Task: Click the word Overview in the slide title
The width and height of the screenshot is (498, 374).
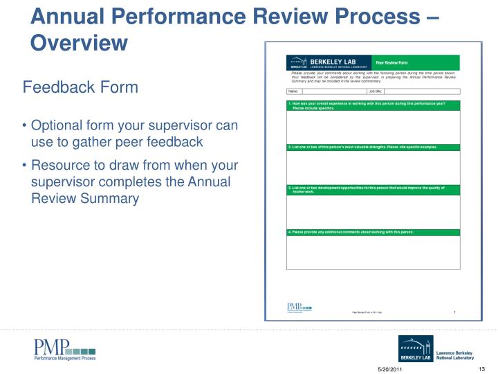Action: (80, 43)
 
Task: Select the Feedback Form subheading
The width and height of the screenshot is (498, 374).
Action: (80, 87)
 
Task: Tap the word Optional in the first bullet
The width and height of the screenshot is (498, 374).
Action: (57, 126)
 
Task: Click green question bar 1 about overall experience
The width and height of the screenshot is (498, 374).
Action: (373, 105)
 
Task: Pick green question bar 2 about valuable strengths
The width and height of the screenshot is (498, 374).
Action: (373, 148)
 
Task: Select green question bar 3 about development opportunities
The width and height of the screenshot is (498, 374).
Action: (373, 189)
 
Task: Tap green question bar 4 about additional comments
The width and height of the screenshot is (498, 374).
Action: (373, 232)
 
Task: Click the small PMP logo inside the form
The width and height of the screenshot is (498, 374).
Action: (299, 308)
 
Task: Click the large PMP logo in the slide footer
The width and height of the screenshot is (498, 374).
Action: (65, 350)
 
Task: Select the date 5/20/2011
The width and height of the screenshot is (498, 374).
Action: (389, 367)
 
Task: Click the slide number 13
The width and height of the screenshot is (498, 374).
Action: (483, 367)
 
